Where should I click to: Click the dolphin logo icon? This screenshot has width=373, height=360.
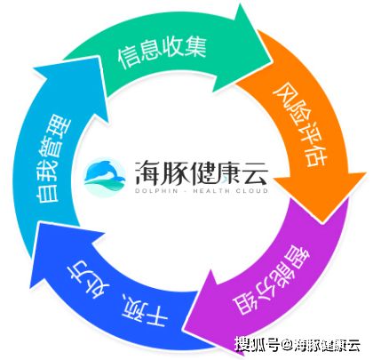105,176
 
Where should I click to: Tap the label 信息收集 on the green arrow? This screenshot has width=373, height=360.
162,52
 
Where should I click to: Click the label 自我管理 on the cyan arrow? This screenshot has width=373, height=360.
53,160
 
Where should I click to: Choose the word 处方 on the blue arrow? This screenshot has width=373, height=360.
90,278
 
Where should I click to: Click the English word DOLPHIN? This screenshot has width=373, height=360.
156,191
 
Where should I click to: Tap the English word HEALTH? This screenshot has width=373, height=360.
211,191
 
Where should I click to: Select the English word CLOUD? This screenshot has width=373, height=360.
252,191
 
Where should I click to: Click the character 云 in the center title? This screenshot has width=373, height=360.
254,172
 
